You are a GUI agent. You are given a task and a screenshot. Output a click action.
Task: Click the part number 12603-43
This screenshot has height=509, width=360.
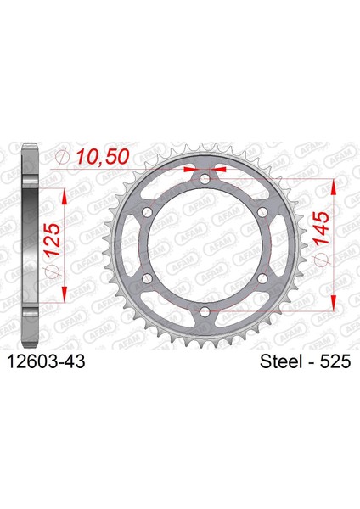(x=46, y=361)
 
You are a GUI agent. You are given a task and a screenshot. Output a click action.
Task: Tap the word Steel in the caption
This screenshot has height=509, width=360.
(x=281, y=361)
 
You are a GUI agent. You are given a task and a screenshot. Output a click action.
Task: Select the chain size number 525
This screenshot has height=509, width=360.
(x=335, y=361)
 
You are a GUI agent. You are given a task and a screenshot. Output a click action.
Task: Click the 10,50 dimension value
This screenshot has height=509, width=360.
(x=103, y=157)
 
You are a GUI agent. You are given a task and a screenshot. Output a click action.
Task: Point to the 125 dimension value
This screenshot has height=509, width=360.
(x=53, y=239)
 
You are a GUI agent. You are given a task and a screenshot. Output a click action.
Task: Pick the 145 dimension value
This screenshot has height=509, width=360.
(x=321, y=228)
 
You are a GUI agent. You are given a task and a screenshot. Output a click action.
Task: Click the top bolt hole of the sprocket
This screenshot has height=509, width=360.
(x=205, y=179)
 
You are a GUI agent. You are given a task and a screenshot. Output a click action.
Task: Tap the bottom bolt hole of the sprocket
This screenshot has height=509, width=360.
(x=205, y=312)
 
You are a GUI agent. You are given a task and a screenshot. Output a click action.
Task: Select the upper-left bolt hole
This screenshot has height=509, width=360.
(x=147, y=212)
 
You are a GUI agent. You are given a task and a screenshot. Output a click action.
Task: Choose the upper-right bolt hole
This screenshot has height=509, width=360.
(x=262, y=212)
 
